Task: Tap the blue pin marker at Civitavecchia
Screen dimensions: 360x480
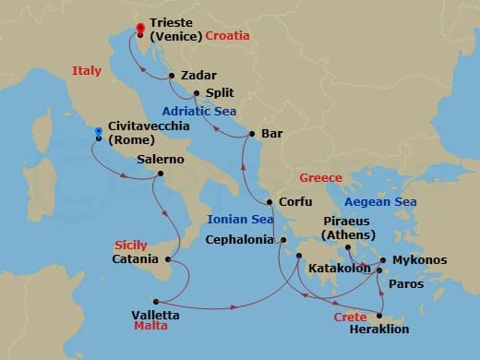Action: click(x=97, y=133)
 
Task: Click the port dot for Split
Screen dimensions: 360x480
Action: click(x=197, y=92)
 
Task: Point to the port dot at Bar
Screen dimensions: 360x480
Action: click(x=251, y=135)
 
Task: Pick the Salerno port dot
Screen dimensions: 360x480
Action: click(x=161, y=174)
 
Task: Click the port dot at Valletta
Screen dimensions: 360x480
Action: click(x=156, y=301)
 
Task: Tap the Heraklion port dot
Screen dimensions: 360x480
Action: click(x=379, y=313)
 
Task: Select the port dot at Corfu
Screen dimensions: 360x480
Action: click(x=269, y=202)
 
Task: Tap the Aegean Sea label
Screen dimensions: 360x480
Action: click(x=379, y=202)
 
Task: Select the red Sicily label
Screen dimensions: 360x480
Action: click(x=130, y=245)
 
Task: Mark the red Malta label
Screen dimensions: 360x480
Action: click(x=150, y=327)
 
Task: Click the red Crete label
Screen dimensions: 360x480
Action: click(x=350, y=317)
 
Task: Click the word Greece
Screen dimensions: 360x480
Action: click(x=320, y=177)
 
